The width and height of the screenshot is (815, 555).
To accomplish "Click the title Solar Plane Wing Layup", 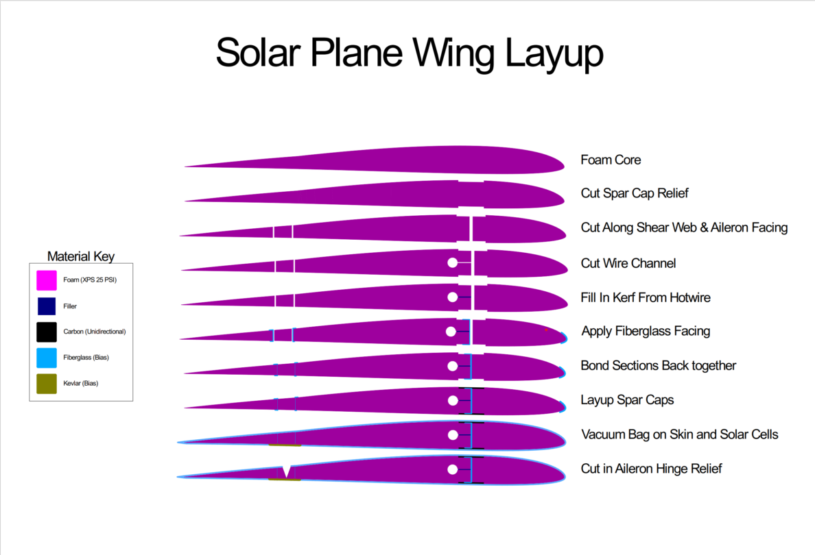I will pos(410,53).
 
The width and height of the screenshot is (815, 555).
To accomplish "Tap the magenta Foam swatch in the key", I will pos(47,280).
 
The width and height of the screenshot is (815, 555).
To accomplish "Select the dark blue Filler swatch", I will pos(47,306).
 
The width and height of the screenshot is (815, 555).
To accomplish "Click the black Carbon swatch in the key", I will pos(47,332).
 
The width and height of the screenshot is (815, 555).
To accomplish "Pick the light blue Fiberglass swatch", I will pos(47,358).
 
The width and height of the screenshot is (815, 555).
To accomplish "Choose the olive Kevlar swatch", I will pos(47,384).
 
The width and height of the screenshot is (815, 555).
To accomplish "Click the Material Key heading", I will pos(81,256).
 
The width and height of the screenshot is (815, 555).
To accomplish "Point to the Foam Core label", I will pos(611,160).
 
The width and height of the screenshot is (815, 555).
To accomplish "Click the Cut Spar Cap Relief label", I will pos(635,193).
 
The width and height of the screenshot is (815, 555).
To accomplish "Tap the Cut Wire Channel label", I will pos(628,263).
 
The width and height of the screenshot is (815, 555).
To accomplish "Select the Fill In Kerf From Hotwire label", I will pos(646,297).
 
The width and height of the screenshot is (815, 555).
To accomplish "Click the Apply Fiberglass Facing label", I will pos(646,331).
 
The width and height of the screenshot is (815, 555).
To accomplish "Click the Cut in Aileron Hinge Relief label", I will pos(651,469).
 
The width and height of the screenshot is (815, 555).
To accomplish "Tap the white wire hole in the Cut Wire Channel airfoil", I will pos(452,262).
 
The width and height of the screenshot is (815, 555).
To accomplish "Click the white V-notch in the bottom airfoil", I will pos(286,471).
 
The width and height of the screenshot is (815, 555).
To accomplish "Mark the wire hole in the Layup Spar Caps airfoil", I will pos(452,400).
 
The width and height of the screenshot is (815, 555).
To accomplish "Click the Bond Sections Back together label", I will pos(659,365).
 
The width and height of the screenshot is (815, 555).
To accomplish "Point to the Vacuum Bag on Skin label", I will pos(679,434).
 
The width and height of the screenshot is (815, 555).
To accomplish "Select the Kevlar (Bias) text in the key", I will pos(81,384).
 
